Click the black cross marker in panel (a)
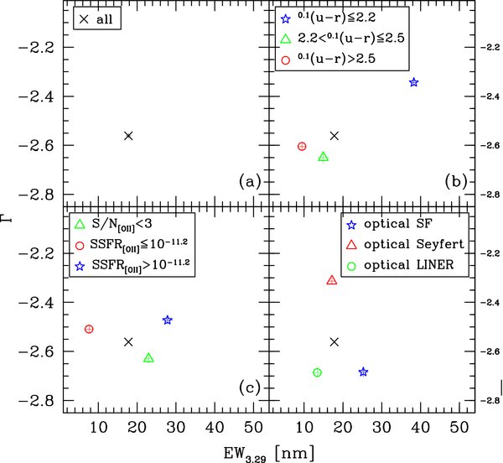point(128,136)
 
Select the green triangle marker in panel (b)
point(323,157)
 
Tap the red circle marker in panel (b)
point(302,147)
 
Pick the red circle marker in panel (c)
point(89,329)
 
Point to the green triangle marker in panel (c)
point(148,358)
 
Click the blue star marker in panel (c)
point(168,320)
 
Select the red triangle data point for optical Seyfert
point(332,281)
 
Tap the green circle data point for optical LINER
point(317,372)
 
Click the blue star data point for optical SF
point(363,372)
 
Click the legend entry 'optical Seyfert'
point(412,243)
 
